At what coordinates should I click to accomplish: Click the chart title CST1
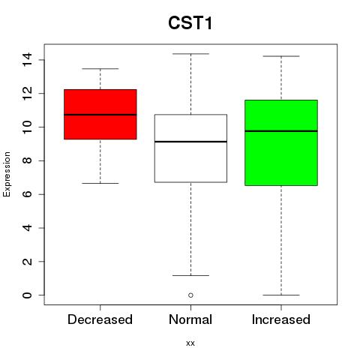pyautogui.click(x=190, y=23)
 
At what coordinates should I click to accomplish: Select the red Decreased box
pyautogui.click(x=100, y=114)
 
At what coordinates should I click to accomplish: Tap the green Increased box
pyautogui.click(x=281, y=142)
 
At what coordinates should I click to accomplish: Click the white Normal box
pyautogui.click(x=190, y=148)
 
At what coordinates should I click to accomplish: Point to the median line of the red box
pyautogui.click(x=100, y=115)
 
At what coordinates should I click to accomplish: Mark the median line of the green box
pyautogui.click(x=281, y=131)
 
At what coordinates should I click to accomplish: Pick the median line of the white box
pyautogui.click(x=190, y=142)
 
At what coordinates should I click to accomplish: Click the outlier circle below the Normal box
pyautogui.click(x=190, y=295)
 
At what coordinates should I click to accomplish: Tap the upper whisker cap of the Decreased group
pyautogui.click(x=100, y=68)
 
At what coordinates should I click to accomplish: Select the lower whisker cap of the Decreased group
pyautogui.click(x=100, y=183)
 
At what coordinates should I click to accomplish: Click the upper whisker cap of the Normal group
pyautogui.click(x=190, y=54)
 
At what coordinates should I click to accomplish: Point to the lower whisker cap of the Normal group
pyautogui.click(x=190, y=275)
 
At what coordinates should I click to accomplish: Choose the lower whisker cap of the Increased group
pyautogui.click(x=281, y=295)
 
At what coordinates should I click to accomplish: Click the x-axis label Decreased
pyautogui.click(x=100, y=319)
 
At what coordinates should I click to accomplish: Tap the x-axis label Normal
pyautogui.click(x=190, y=319)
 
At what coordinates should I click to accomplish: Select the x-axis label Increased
pyautogui.click(x=281, y=319)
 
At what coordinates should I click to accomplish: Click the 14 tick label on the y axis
pyautogui.click(x=27, y=60)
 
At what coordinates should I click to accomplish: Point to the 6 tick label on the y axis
pyautogui.click(x=27, y=194)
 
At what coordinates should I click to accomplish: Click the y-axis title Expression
pyautogui.click(x=7, y=174)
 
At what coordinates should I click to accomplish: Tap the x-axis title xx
pyautogui.click(x=190, y=343)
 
